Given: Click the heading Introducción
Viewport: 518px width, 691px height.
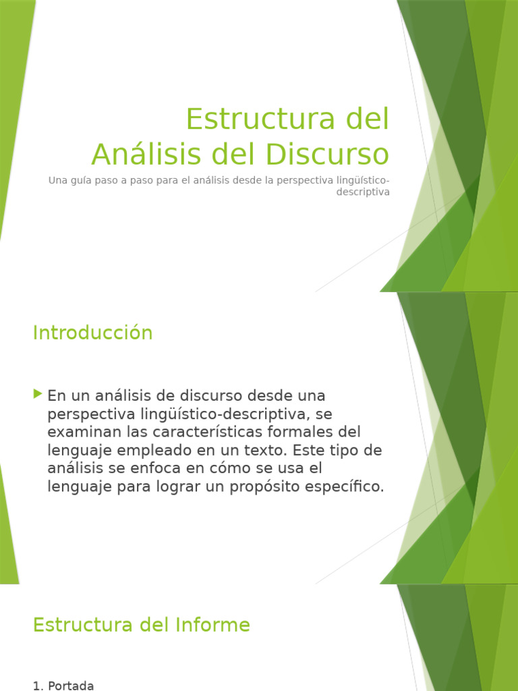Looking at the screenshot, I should (x=93, y=333).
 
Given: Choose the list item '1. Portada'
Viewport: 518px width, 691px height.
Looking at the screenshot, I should (x=63, y=686).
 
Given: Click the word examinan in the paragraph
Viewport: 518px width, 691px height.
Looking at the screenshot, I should (x=80, y=431).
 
